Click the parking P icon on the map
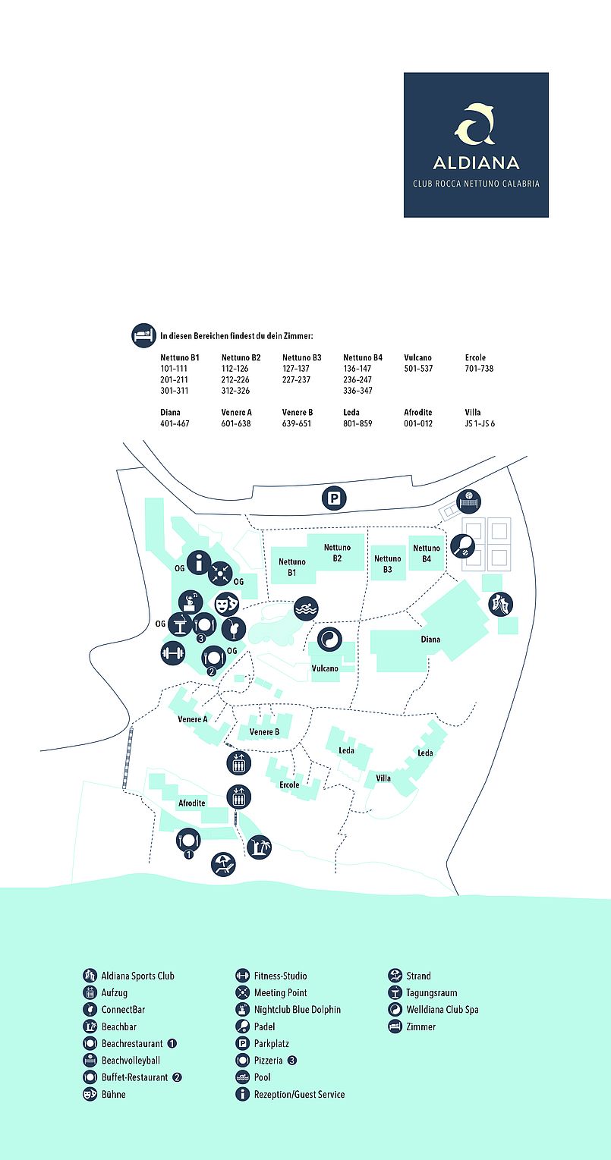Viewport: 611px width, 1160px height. pos(334,498)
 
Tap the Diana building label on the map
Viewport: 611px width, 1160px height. pos(430,640)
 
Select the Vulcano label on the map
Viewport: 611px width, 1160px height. pos(325,668)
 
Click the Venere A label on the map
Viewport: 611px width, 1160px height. pos(192,719)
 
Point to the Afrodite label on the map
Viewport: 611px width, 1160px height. pos(192,803)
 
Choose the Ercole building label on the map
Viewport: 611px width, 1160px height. pos(289,785)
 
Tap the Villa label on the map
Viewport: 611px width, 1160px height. pos(383,778)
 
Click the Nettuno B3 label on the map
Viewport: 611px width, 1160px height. pos(388,564)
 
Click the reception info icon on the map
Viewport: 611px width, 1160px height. pos(199,562)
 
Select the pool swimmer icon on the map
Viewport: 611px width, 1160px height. pos(306,608)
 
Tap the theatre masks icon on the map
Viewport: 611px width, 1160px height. pos(226,604)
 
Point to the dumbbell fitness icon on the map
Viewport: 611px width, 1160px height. pos(172,653)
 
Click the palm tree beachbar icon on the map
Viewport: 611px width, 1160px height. pos(259,847)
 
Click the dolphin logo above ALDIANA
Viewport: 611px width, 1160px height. pos(476,123)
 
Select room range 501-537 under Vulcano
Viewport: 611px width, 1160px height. pos(418,369)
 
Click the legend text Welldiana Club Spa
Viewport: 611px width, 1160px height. pos(442,1009)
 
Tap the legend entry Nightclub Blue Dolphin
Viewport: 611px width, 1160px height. pos(297,1009)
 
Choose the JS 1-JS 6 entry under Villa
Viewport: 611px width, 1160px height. pos(480,423)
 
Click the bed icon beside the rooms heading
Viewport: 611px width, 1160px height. pos(143,335)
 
